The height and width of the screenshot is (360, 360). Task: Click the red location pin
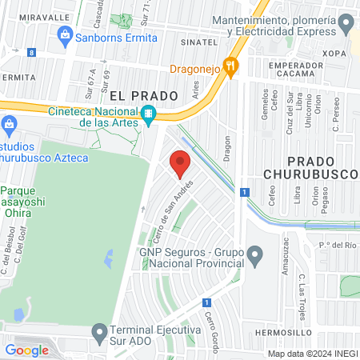[181, 162]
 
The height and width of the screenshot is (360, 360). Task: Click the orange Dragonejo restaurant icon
[231, 68]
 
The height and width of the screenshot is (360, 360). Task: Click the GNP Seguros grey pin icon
[254, 257]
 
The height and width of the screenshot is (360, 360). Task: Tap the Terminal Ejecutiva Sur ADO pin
[99, 330]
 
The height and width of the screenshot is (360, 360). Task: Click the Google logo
[26, 350]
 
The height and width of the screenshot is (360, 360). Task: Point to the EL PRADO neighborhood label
[143, 95]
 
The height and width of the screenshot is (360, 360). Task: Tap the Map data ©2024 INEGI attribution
[310, 354]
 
